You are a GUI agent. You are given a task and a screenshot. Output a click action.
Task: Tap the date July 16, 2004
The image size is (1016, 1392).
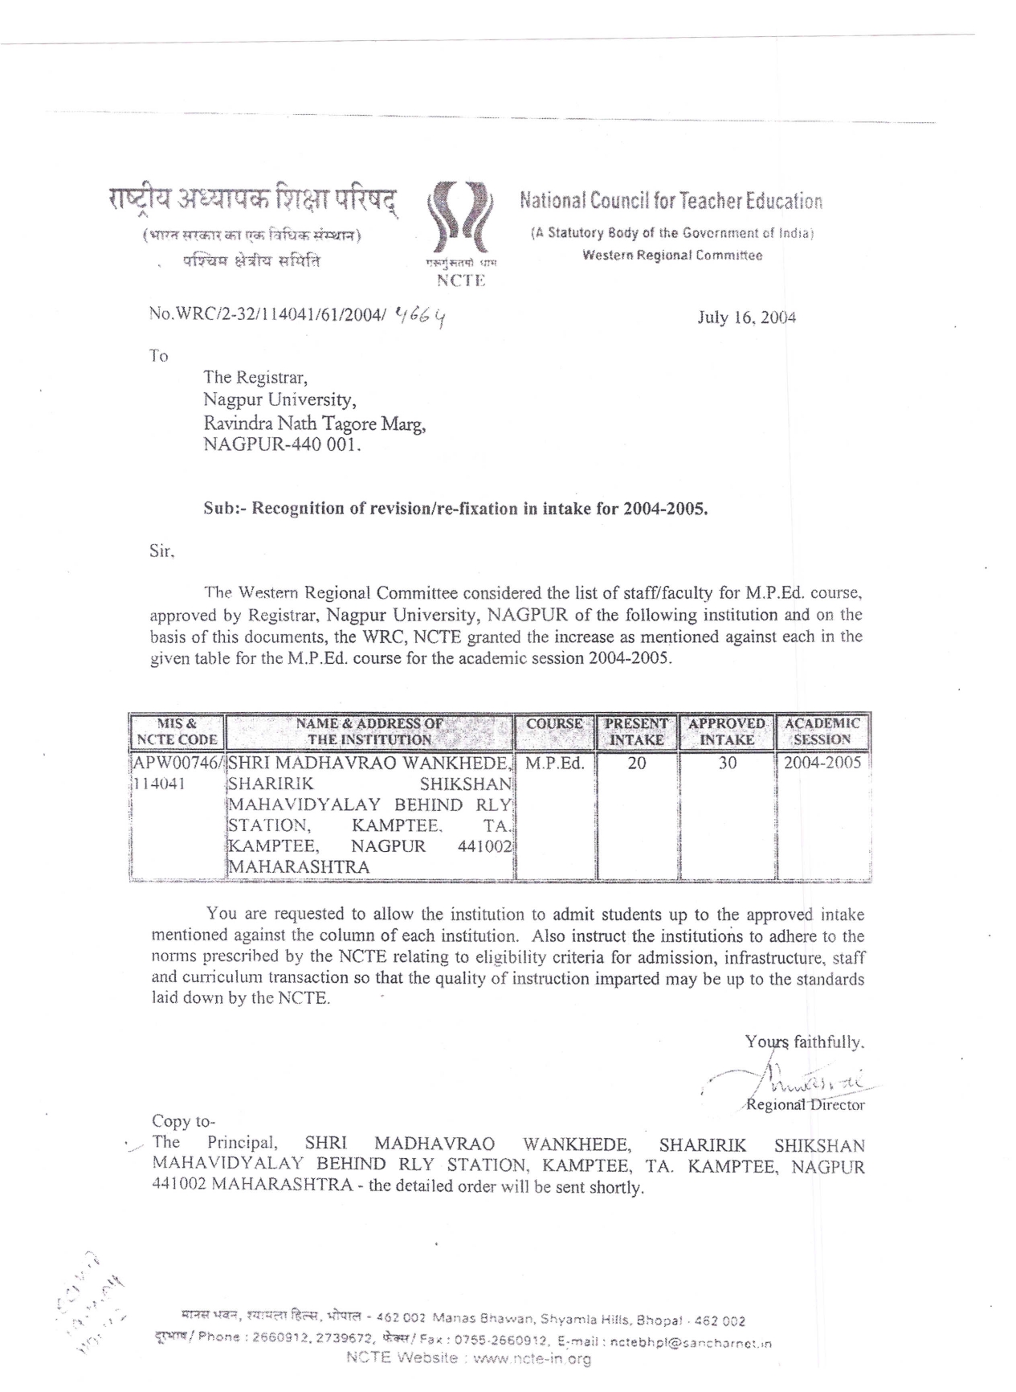point(746,317)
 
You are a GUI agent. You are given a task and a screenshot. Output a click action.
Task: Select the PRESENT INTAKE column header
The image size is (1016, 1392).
point(636,731)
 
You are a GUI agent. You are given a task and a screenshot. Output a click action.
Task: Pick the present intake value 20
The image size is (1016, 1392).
point(636,763)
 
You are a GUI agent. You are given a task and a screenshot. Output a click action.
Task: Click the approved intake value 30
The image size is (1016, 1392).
point(727,763)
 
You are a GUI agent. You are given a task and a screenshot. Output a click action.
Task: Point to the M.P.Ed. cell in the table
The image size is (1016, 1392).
point(554,763)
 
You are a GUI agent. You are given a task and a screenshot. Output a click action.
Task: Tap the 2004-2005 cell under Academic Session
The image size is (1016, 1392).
point(822,763)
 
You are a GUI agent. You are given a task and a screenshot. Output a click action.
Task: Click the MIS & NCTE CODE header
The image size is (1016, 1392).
point(177,731)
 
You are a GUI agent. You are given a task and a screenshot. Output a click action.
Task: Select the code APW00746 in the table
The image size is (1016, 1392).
point(176,763)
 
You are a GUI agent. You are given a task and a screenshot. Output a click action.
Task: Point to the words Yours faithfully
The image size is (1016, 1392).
point(804,1042)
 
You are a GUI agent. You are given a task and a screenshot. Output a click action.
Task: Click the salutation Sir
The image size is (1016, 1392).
point(161,552)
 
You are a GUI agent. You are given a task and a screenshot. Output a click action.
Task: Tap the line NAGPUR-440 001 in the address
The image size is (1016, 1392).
point(282,444)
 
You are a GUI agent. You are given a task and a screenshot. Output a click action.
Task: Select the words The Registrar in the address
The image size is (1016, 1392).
point(255,377)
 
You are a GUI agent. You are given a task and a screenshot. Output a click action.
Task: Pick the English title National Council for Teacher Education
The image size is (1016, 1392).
point(671,201)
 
